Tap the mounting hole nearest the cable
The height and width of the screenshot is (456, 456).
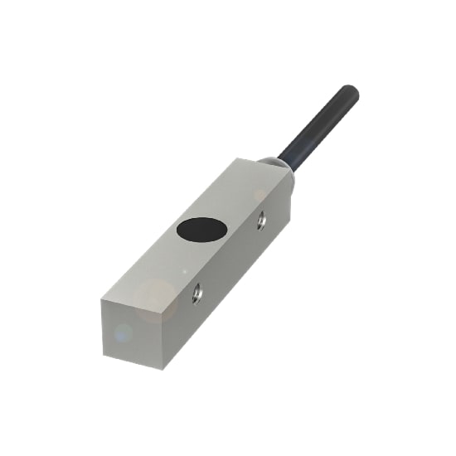(261, 220)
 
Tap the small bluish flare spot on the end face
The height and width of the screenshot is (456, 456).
(123, 333)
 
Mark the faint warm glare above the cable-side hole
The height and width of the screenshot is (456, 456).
(260, 196)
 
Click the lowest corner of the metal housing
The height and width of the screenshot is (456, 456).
(164, 369)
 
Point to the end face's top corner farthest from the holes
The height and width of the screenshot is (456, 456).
(101, 300)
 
